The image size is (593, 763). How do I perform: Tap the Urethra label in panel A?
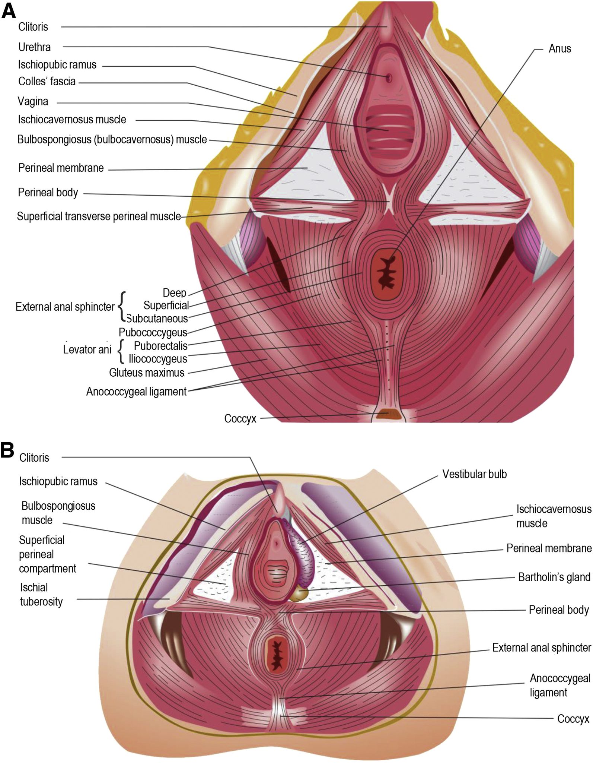tap(35, 47)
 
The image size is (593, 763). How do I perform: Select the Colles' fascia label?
tap(47, 81)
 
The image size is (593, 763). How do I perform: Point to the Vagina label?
tap(33, 101)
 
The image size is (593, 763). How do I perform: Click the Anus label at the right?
tap(559, 49)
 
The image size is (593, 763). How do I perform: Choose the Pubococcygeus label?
tap(153, 332)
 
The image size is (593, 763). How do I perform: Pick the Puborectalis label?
tap(161, 346)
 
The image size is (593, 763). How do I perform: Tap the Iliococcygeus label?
tap(158, 359)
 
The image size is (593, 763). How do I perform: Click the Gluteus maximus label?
tap(147, 373)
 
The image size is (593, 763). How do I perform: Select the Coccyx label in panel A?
tap(240, 419)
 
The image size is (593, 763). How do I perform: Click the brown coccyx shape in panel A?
tap(387, 414)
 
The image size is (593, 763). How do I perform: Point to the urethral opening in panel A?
tap(389, 78)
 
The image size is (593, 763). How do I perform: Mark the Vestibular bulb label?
tap(474, 474)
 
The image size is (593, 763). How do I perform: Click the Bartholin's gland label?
tap(554, 577)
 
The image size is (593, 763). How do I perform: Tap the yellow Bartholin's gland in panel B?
tap(299, 593)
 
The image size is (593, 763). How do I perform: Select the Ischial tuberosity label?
tap(41, 595)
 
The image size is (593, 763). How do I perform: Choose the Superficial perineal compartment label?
tap(48, 554)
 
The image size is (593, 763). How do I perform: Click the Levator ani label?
tap(87, 349)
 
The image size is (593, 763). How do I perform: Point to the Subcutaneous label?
tap(157, 319)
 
